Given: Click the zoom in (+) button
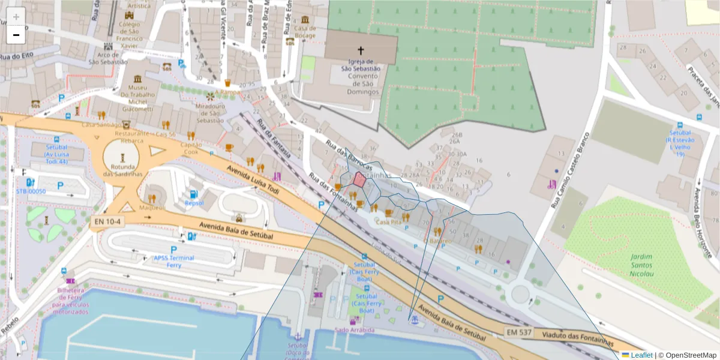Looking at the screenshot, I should (16, 16).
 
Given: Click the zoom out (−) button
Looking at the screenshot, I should (16, 35).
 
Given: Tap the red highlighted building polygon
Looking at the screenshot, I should (359, 179).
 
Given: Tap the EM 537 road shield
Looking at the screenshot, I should (518, 331).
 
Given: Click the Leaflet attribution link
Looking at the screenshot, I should (641, 355).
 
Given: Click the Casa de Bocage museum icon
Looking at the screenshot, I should (305, 20).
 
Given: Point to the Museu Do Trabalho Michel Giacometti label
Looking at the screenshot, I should (137, 98).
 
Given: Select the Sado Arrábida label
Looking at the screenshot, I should (355, 330).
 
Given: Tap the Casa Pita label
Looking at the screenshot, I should (388, 221).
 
